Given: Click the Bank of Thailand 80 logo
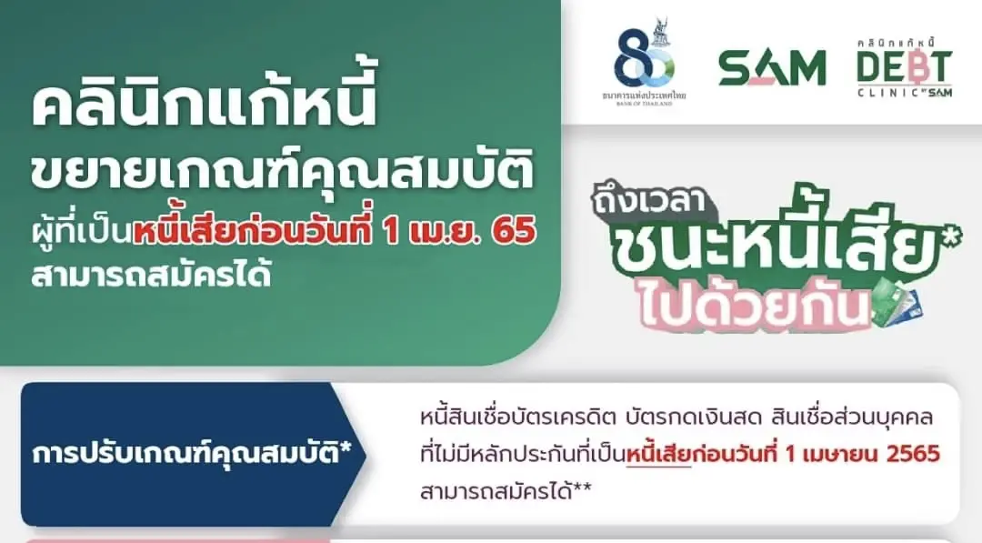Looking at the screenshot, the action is pos(644,63).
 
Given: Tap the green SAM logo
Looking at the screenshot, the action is pos(772,67).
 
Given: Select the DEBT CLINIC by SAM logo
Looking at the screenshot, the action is pos(904,67).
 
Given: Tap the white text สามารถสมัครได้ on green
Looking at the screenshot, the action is pos(151,275).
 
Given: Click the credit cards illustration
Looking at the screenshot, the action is pos(897,304).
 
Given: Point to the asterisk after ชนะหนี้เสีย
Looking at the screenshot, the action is pos(952,241).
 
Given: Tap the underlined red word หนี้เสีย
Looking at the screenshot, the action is pos(658,454).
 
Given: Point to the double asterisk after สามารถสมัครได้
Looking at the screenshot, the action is pos(583,488).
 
